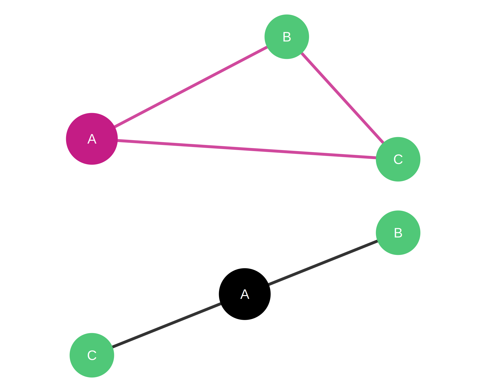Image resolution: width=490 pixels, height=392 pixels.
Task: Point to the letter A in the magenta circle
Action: click(x=92, y=139)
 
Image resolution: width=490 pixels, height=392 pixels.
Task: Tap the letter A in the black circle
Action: click(x=244, y=294)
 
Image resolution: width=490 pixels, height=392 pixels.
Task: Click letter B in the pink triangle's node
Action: click(x=287, y=37)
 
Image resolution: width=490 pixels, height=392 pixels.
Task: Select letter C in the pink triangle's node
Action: click(x=398, y=160)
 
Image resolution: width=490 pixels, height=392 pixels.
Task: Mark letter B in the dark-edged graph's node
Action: click(x=398, y=233)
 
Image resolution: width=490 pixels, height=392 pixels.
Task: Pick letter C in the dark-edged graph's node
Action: click(x=92, y=356)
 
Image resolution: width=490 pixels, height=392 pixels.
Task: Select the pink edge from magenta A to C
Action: click(x=246, y=149)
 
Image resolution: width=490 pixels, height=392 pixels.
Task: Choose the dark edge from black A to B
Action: click(x=323, y=262)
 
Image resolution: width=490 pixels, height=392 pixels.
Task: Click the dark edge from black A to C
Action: click(x=166, y=325)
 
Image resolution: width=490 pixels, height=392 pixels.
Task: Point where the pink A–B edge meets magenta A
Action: click(x=115, y=127)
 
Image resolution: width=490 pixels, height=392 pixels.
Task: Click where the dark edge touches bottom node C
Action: click(x=113, y=347)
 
